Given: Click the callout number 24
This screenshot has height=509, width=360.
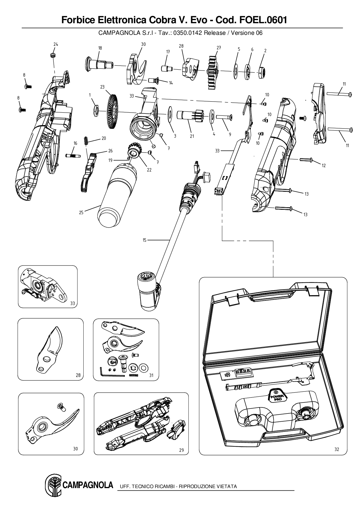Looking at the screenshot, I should click(x=56, y=44).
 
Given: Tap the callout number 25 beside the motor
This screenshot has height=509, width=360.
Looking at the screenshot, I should click(x=81, y=212).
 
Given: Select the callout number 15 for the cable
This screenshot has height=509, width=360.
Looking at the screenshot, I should click(x=144, y=240).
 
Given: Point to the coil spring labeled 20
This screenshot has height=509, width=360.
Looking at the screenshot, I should click(x=86, y=141).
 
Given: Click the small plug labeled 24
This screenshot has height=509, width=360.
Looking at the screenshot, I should click(x=53, y=55).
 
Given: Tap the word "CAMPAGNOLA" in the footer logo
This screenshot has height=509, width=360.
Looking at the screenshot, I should click(x=87, y=485).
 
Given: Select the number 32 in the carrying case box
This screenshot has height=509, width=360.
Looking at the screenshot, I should click(x=336, y=450).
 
